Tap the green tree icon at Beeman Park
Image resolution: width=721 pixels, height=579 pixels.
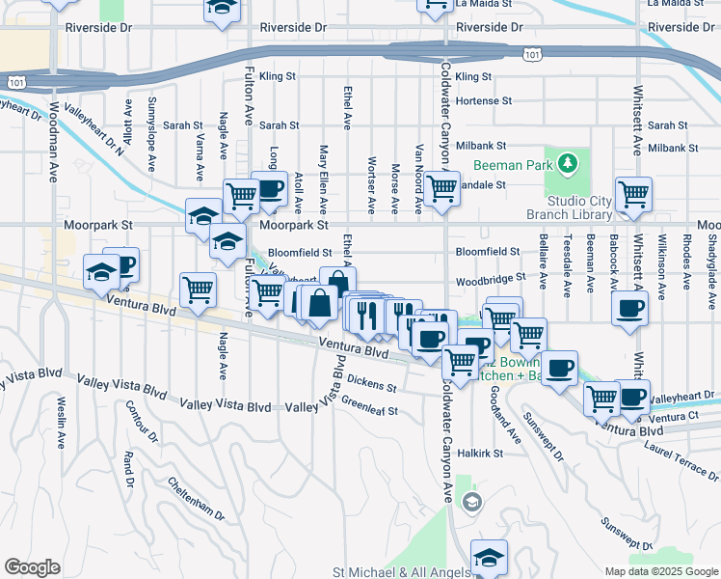coord(567,163)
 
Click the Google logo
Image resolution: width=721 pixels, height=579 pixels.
coord(32,567)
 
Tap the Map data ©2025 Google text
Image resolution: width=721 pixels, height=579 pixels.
coord(661,571)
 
